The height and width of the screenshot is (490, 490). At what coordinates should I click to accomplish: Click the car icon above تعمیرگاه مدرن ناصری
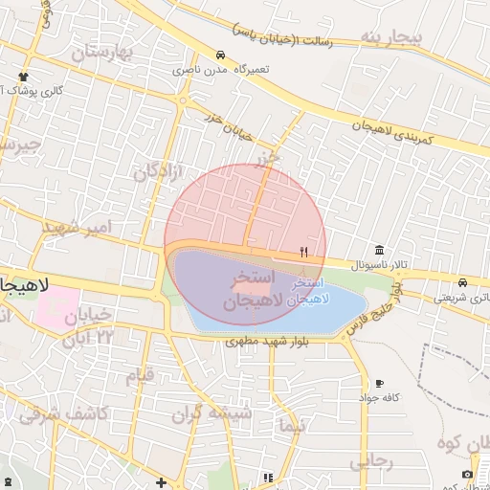click(x=221, y=55)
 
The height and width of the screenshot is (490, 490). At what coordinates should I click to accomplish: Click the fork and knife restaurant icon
click(x=304, y=253)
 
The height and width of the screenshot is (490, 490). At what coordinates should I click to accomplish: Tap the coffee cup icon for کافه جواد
click(x=379, y=383)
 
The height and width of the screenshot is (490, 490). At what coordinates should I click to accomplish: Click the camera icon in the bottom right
click(x=467, y=474)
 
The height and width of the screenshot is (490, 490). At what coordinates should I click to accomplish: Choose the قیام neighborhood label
click(x=140, y=374)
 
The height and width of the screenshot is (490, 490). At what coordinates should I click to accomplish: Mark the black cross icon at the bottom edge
click(x=162, y=482)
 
